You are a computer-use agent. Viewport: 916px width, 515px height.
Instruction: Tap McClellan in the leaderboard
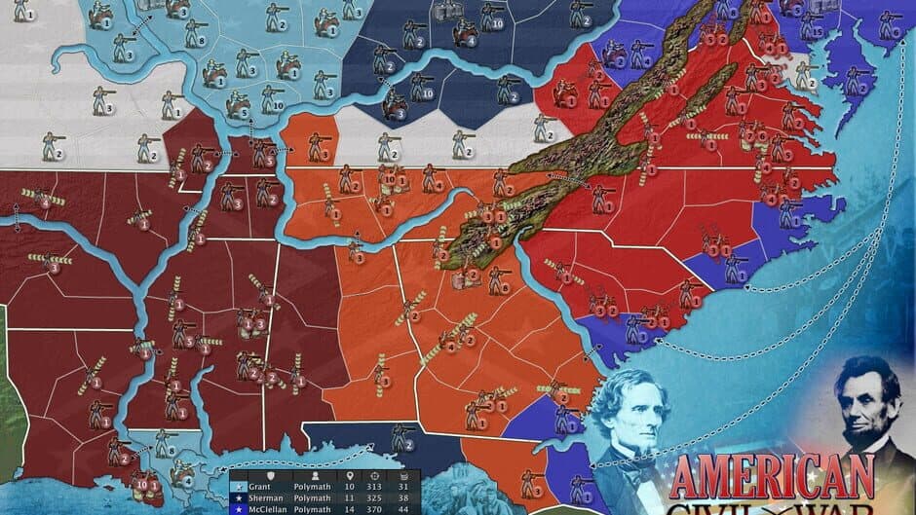tap(264, 508)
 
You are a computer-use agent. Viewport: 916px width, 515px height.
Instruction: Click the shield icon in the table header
tap(271, 477)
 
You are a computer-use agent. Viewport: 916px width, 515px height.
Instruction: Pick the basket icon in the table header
tap(405, 477)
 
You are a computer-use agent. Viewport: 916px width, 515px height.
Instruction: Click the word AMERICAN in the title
tap(772, 478)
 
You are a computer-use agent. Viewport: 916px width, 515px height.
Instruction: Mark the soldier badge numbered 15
tap(817, 32)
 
